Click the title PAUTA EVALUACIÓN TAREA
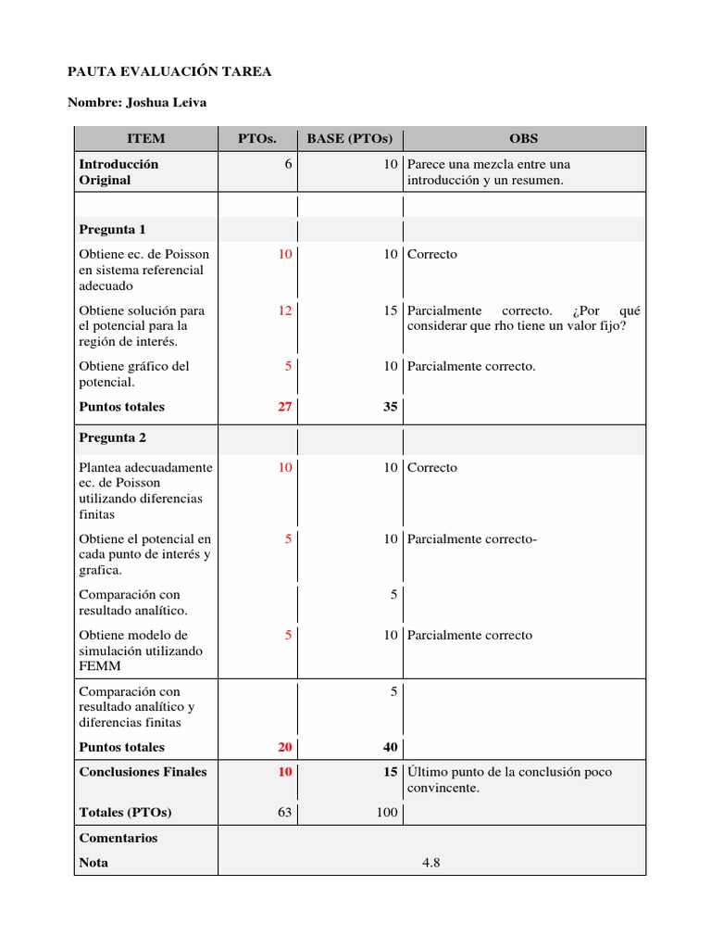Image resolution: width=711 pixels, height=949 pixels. pos(170,71)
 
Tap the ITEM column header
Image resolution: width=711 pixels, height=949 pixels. pos(145,139)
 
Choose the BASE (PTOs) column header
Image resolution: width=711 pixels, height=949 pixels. pos(350,139)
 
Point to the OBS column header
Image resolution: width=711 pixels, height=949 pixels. pos(523,139)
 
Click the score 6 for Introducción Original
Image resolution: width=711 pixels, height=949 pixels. pos(289,164)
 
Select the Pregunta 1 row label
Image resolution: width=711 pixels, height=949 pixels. pos(112,229)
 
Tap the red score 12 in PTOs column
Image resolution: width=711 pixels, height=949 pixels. pos(285,310)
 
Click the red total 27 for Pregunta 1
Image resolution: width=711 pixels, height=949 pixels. pos(285,406)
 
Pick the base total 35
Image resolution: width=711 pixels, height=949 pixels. pos(391,406)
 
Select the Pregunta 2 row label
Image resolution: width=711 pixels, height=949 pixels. pos(112,437)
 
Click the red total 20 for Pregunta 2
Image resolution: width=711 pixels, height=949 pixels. pos(285,747)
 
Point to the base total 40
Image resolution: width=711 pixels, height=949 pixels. pos(391,747)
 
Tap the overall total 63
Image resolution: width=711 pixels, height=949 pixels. pos(285,812)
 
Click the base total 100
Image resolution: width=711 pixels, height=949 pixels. pos(387,812)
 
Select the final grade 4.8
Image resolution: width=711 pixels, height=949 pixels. pos(430,862)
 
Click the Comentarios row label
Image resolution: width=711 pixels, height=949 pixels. pos(118,838)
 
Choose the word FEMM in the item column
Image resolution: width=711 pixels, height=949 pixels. pos(100,666)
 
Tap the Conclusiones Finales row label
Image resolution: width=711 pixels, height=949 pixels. pos(143,771)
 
